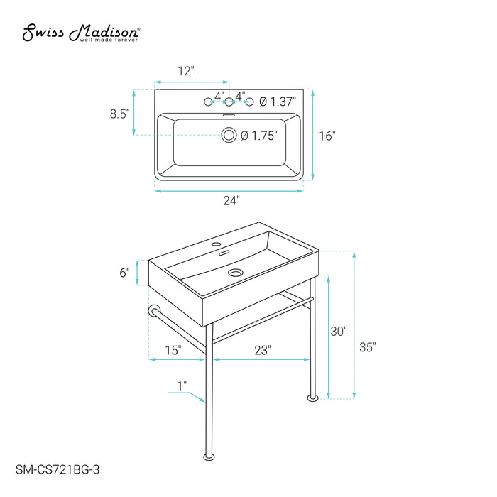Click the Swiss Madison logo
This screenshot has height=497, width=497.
[80, 33]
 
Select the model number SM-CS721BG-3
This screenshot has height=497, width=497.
[58, 469]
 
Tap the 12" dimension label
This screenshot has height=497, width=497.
[186, 71]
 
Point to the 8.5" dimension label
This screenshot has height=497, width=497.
[120, 114]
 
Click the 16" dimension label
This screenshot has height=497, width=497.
[327, 136]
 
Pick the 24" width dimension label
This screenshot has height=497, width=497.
[231, 201]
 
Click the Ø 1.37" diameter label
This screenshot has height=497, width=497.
[278, 102]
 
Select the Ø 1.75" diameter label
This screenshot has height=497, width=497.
[259, 136]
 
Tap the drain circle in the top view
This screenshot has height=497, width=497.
[229, 135]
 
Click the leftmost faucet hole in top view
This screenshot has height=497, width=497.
[208, 102]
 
